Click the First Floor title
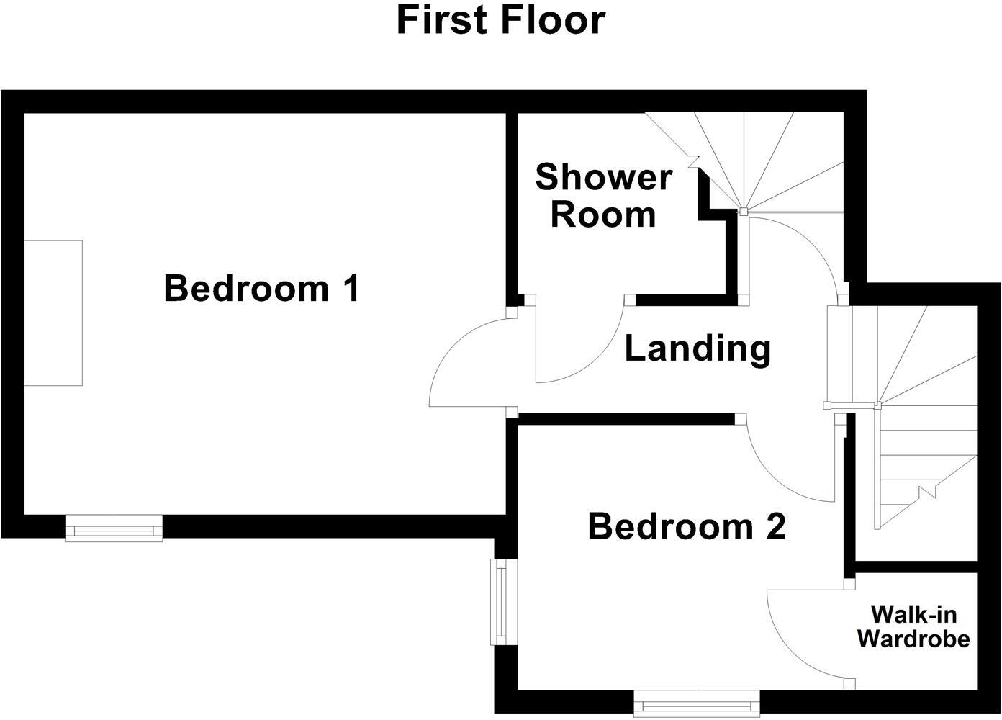[x=500, y=20]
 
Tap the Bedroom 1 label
[x=261, y=288]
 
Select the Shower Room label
[x=603, y=196]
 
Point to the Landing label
[x=697, y=348]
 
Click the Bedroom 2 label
[x=686, y=526]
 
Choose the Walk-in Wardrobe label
[x=913, y=626]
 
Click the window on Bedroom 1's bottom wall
[x=114, y=528]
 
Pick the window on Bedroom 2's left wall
[x=500, y=602]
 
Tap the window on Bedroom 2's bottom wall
[x=697, y=703]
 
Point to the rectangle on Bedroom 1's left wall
[x=53, y=313]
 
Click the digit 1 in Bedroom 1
[x=351, y=289]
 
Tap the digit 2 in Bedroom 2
[x=775, y=527]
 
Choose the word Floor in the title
[x=554, y=20]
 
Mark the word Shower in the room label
[x=603, y=177]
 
